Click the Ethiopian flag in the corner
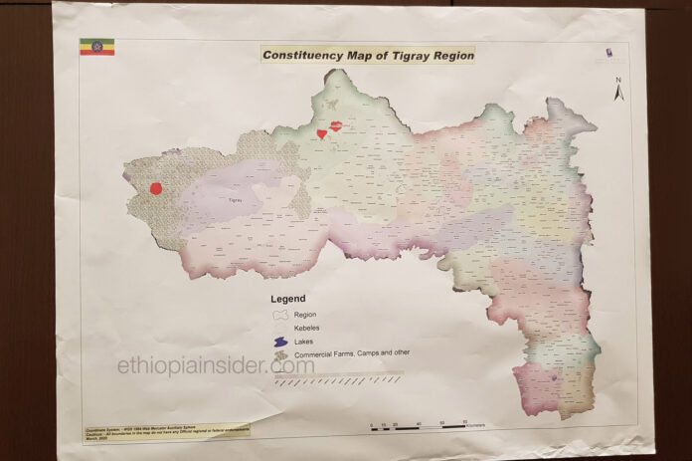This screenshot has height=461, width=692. (x=96, y=47)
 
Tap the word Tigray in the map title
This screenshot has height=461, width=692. (x=414, y=55)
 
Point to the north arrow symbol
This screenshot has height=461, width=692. (x=618, y=92)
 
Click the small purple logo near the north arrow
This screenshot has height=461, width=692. (x=607, y=53)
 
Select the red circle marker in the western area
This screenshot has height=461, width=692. (x=156, y=188)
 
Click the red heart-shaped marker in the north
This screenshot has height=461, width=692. (x=321, y=132)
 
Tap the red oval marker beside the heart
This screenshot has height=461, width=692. (x=336, y=126)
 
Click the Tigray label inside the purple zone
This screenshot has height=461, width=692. (x=236, y=200)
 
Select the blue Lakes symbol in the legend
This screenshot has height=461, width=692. (x=280, y=341)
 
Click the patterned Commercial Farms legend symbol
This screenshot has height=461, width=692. (x=280, y=353)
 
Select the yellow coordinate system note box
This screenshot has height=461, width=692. (x=165, y=435)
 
